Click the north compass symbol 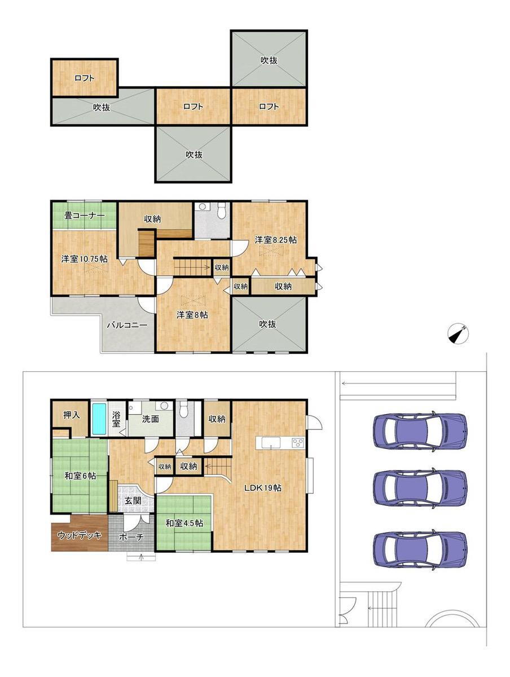coord(458,333)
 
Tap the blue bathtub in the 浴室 coord(99,418)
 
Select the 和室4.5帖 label coord(184,523)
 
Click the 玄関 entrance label coord(133,500)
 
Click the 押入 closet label coord(72,415)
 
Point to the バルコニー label coord(128,325)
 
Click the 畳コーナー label coord(85,216)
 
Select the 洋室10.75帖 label coord(84,258)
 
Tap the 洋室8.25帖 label coord(276,240)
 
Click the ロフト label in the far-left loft coord(85,78)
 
